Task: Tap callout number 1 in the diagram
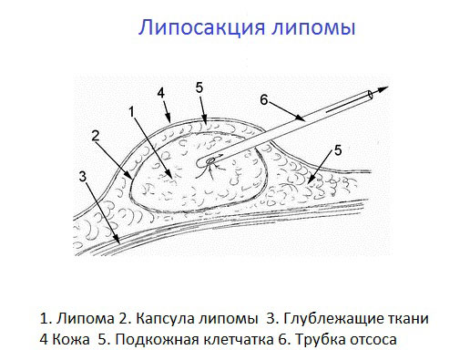click(132, 112)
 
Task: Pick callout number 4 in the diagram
click(160, 93)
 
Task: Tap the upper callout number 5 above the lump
click(199, 88)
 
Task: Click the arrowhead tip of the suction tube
click(386, 89)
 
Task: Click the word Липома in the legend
click(80, 319)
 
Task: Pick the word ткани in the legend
click(408, 319)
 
